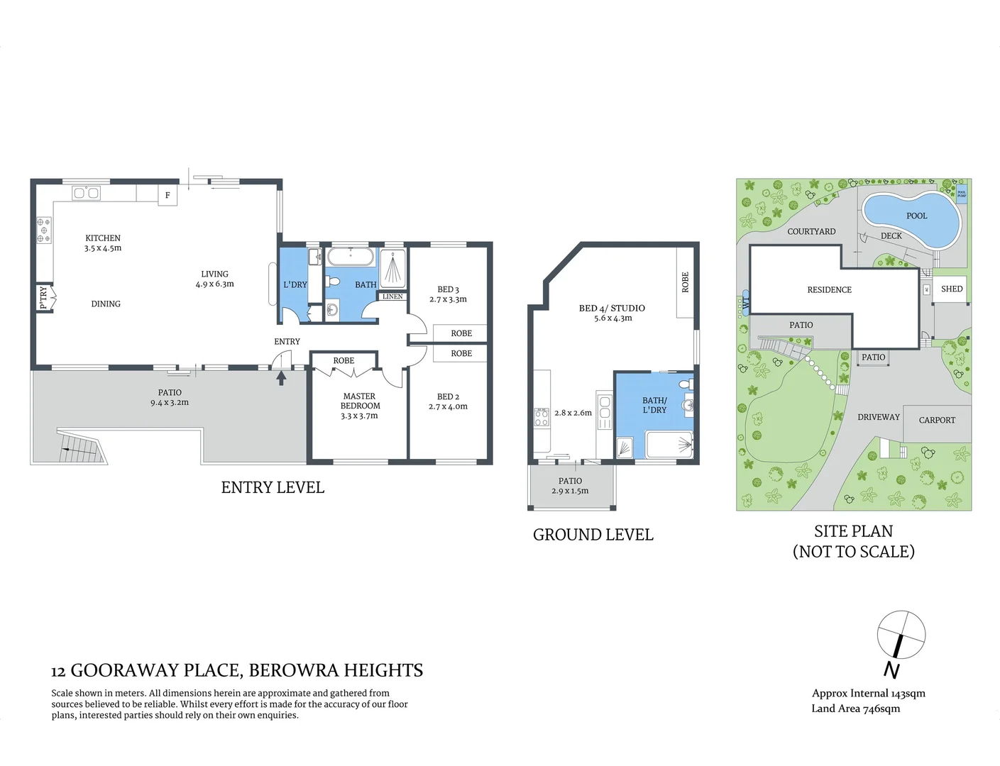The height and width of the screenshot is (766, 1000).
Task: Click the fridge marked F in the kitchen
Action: [167, 195]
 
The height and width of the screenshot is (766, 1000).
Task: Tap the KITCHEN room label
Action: [103, 238]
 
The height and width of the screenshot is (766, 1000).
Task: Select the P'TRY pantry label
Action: [43, 297]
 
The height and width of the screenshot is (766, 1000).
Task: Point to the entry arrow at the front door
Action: [281, 378]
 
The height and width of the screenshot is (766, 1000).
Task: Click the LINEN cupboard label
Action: [392, 296]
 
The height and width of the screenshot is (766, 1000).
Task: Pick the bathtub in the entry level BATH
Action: [351, 257]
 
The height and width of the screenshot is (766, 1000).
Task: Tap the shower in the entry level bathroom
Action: [393, 267]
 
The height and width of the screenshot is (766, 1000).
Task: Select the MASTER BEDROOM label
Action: [360, 401]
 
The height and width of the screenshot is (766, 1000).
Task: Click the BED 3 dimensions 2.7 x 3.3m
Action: [448, 299]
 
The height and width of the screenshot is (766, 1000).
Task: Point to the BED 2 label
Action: [448, 396]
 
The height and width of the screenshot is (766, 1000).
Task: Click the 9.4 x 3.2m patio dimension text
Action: [170, 403]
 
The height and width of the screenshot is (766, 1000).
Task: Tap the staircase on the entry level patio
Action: [80, 446]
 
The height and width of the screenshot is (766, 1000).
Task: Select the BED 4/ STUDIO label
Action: [612, 308]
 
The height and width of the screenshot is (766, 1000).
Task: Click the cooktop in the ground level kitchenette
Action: [542, 417]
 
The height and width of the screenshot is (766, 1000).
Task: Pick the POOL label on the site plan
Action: [916, 216]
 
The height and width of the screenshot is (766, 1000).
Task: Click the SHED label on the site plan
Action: [951, 289]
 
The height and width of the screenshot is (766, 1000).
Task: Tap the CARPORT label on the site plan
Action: [937, 420]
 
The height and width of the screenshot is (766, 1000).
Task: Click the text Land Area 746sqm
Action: [855, 709]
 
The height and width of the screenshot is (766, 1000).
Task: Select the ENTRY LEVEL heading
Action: [273, 487]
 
